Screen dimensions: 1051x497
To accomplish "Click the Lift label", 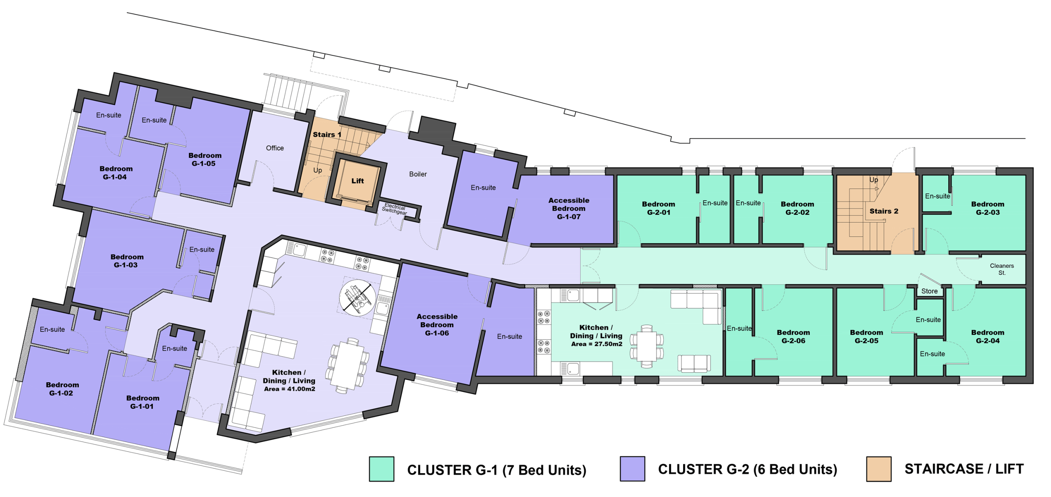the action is point(357,181).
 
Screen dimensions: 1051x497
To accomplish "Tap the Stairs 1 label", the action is point(327,135).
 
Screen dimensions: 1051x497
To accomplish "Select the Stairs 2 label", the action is point(883,211).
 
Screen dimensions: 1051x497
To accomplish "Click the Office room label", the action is point(275,148).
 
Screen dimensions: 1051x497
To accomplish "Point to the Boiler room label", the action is point(418,174).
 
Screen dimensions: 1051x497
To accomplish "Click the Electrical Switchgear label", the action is point(395,209).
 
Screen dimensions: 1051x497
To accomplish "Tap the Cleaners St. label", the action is point(1002,269).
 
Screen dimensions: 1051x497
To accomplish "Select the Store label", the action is point(929,291).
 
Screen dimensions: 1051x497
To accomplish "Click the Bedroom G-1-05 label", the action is point(204,160).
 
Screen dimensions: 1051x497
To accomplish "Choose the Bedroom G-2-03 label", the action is point(987,208).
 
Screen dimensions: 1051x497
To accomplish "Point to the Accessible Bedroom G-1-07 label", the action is point(569,208).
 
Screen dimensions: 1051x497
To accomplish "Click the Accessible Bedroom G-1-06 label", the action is point(437,325).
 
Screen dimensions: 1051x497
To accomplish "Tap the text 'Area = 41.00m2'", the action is point(289,389).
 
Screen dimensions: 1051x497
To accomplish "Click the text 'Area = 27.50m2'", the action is point(597,344).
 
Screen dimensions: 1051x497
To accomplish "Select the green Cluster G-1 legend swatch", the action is point(381,469).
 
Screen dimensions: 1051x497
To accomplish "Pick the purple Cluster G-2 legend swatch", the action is point(632,468).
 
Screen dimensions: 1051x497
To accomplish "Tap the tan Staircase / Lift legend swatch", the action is point(879,469).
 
